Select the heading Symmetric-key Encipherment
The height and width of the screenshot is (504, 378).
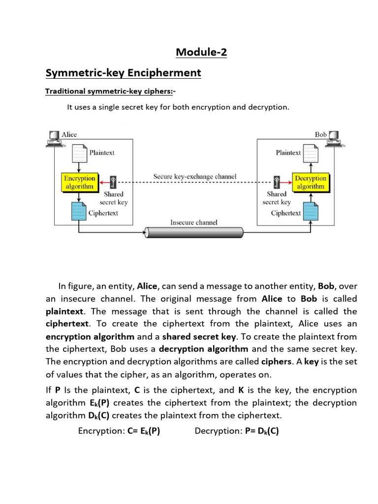(x=123, y=73)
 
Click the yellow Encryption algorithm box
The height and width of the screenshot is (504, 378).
(x=79, y=182)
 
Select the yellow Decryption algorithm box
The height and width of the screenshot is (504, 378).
(x=311, y=182)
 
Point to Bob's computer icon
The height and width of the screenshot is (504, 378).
(x=334, y=139)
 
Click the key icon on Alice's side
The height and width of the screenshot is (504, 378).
(x=114, y=182)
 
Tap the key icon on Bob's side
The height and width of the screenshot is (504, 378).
(x=277, y=182)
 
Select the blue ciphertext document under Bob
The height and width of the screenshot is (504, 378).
(x=310, y=212)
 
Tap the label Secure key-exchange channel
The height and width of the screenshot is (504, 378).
(x=195, y=176)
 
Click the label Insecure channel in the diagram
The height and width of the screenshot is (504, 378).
(x=194, y=222)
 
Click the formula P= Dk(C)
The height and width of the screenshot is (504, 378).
(x=262, y=431)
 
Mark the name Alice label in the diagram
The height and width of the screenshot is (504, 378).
(x=69, y=134)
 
